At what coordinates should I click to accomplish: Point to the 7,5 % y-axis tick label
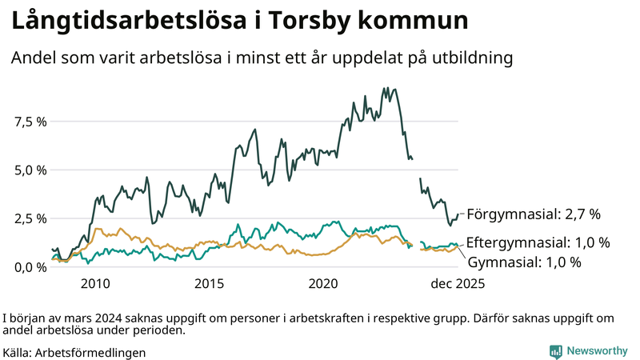(30, 122)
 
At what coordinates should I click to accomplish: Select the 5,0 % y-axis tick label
(30, 170)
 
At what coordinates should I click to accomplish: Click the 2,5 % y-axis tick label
(30, 218)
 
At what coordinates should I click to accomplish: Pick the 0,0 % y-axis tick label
(30, 266)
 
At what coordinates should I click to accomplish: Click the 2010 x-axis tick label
(94, 284)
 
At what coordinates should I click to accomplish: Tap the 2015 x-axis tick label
(209, 284)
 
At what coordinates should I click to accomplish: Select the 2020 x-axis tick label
(324, 284)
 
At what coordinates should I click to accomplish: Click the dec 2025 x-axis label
(458, 284)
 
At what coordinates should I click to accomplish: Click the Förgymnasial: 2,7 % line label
(533, 214)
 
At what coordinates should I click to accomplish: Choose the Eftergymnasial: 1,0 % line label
(538, 242)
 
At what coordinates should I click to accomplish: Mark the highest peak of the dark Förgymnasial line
(386, 89)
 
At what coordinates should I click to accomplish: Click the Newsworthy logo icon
(554, 351)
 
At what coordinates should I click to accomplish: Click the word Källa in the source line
(18, 352)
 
